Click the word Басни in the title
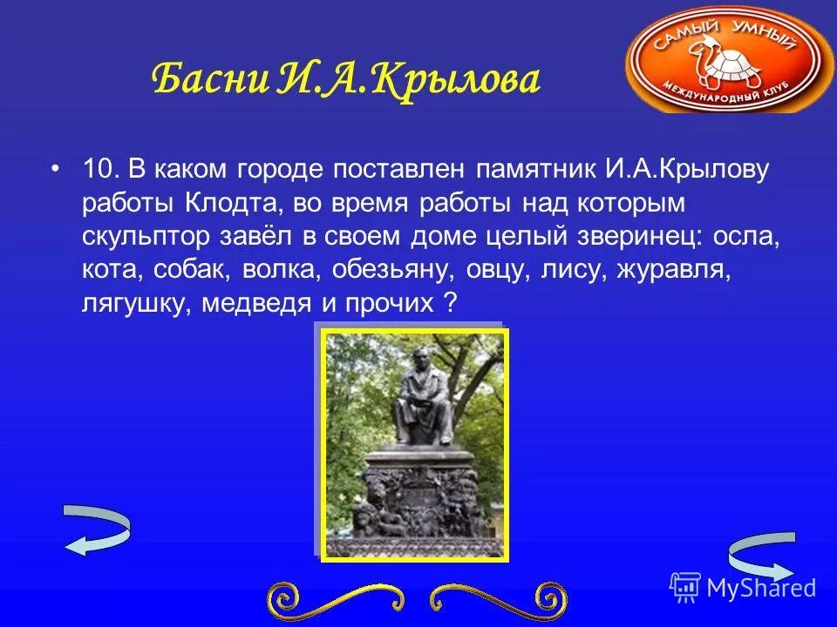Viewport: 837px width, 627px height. (x=209, y=80)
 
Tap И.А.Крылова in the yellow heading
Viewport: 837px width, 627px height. (x=410, y=80)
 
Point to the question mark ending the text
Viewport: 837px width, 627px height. (x=450, y=303)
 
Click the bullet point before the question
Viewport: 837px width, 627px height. (x=56, y=168)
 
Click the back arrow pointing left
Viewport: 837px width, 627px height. (x=96, y=530)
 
